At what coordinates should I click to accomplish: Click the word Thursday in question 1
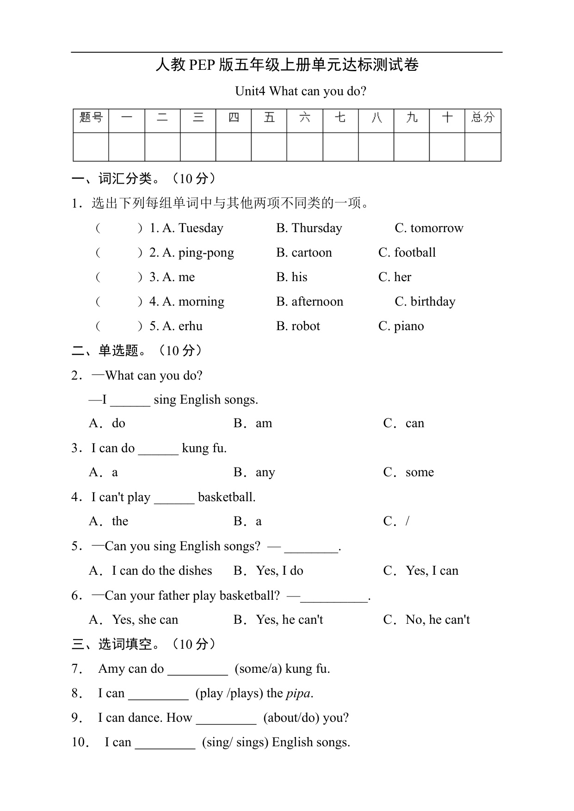tap(317, 228)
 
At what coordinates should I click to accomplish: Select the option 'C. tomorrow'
tap(429, 228)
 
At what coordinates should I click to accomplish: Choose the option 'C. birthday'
tap(425, 301)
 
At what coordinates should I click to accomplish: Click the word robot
tap(305, 326)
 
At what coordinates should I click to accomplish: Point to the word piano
tap(409, 326)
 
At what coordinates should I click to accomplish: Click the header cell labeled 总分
tap(483, 117)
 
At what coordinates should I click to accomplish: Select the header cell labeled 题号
tap(91, 117)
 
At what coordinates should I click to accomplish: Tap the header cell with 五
tap(269, 117)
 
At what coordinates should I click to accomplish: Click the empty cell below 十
tap(447, 147)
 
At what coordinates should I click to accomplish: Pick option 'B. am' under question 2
tap(253, 424)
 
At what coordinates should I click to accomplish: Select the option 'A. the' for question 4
tap(109, 522)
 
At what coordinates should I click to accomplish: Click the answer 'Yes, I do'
tap(279, 571)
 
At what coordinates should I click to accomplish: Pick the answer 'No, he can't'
tap(438, 620)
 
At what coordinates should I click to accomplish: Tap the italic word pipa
tap(299, 693)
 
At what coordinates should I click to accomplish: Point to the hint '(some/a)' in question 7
tap(258, 669)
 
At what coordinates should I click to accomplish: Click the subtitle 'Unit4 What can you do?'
tap(301, 91)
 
